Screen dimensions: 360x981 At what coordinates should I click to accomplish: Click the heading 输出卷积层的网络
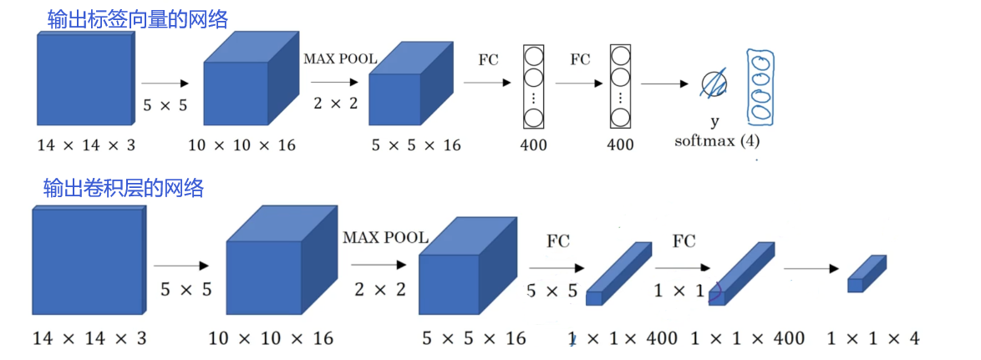(x=124, y=189)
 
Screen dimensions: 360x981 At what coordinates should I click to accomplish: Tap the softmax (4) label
(x=717, y=140)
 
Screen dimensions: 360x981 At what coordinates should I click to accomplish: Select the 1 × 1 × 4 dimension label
(x=873, y=338)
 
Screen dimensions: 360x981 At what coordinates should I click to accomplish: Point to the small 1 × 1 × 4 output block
(x=866, y=275)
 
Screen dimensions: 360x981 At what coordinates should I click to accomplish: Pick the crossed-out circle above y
(x=714, y=84)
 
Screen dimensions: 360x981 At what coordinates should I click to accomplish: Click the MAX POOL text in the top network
(x=340, y=59)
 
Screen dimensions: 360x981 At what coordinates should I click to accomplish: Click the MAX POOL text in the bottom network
(x=385, y=238)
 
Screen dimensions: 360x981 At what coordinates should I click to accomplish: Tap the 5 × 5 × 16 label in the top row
(x=416, y=145)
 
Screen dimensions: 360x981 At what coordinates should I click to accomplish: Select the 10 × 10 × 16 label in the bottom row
(x=271, y=338)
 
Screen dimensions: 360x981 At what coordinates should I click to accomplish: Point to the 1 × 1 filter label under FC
(x=678, y=291)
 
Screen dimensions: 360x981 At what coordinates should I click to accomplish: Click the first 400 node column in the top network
(x=533, y=84)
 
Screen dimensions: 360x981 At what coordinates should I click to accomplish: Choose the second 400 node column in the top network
(x=620, y=84)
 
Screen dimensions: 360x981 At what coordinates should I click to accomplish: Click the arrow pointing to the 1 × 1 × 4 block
(x=811, y=268)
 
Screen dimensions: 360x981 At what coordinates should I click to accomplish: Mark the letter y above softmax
(x=714, y=122)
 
